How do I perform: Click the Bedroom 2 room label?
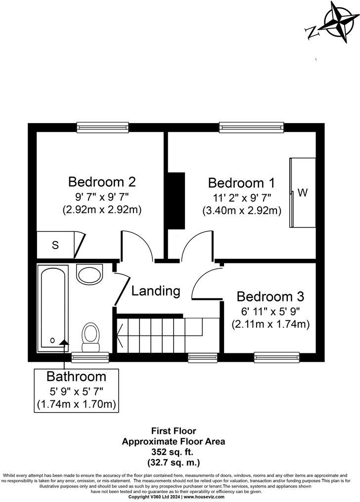pyautogui.click(x=102, y=182)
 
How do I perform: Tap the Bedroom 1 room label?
pyautogui.click(x=241, y=183)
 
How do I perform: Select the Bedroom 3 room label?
pyautogui.click(x=270, y=296)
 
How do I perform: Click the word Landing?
pyautogui.click(x=155, y=291)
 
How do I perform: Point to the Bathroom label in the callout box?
pyautogui.click(x=76, y=376)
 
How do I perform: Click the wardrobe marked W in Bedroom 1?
pyautogui.click(x=302, y=193)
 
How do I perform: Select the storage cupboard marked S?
pyautogui.click(x=56, y=245)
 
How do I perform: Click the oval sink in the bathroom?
pyautogui.click(x=90, y=273)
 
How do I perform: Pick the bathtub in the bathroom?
pyautogui.click(x=52, y=306)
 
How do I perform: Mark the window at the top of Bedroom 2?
pyautogui.click(x=103, y=127)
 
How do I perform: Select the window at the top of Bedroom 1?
pyautogui.click(x=251, y=127)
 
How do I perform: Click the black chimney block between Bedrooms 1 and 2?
pyautogui.click(x=176, y=200)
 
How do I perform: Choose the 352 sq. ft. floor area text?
pyautogui.click(x=173, y=452)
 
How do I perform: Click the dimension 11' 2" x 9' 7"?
pyautogui.click(x=241, y=198)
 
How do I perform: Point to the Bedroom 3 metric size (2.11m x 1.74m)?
pyautogui.click(x=270, y=325)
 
